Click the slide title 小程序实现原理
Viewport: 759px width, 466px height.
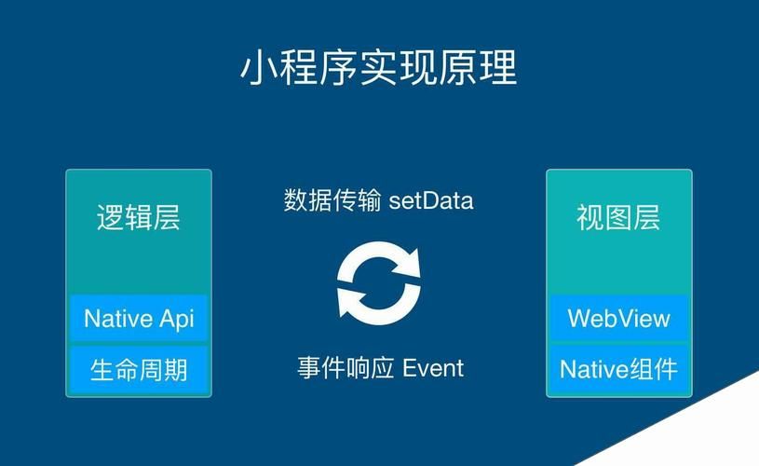click(x=379, y=68)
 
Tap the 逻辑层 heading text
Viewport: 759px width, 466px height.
click(x=139, y=218)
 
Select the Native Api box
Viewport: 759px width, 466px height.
click(x=139, y=319)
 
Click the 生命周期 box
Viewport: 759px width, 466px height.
click(x=139, y=370)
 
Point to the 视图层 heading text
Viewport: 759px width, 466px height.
click(x=618, y=218)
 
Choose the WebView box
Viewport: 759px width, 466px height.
click(x=618, y=319)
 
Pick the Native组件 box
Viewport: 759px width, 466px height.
click(x=618, y=370)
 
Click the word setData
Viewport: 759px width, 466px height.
click(x=431, y=200)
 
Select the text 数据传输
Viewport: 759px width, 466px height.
click(x=332, y=200)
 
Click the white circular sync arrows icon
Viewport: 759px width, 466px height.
click(x=378, y=281)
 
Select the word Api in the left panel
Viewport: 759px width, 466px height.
click(x=176, y=319)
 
